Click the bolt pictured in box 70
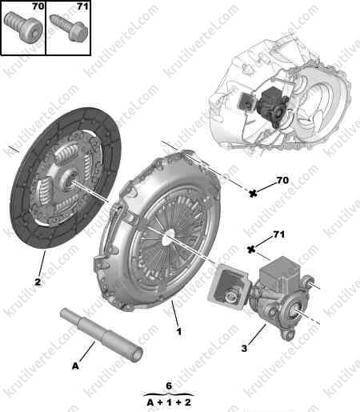point(23,27)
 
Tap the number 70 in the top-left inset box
point(38,6)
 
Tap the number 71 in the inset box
point(82,6)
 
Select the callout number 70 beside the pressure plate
point(282,181)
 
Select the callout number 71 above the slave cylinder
point(279,234)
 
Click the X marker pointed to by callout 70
point(253,194)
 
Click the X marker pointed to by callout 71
point(251,250)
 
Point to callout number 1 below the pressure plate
point(179,331)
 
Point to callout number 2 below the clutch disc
point(38,282)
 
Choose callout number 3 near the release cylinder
point(244,348)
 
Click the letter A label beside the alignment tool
point(75,366)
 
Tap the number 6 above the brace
point(169,386)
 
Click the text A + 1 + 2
point(169,402)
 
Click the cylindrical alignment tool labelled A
point(102,334)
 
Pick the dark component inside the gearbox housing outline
point(272,106)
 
